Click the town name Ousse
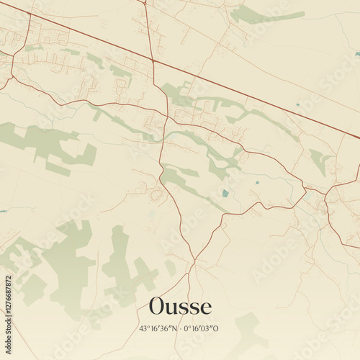180,307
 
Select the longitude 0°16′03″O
202,329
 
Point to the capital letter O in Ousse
158,307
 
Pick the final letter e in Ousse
207,309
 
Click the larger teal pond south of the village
225,193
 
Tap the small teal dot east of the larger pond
258,181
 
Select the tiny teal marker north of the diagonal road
297,105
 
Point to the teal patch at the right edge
356,53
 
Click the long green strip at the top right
266,16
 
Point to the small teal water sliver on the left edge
3,211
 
